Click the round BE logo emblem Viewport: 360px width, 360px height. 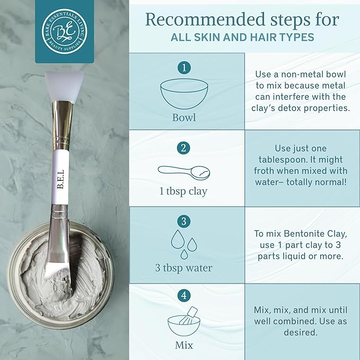(x=65, y=31)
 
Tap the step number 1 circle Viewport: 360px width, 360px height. (x=184, y=68)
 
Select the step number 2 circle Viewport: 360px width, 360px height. (x=183, y=148)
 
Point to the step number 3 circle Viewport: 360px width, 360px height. (x=184, y=221)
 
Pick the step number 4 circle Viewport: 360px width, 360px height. (x=184, y=295)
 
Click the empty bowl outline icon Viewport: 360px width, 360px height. (x=184, y=94)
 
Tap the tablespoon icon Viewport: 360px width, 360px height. (x=184, y=173)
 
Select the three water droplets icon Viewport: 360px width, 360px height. (x=184, y=244)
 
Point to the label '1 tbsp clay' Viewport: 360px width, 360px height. (x=183, y=191)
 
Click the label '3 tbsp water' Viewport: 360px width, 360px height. (x=183, y=268)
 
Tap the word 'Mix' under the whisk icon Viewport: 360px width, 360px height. (x=184, y=345)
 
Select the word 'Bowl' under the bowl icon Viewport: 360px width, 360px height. (x=184, y=118)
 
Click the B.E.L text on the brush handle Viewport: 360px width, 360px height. (x=60, y=179)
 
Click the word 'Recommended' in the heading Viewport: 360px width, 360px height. (x=206, y=20)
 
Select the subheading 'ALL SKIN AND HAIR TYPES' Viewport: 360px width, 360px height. (x=242, y=38)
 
